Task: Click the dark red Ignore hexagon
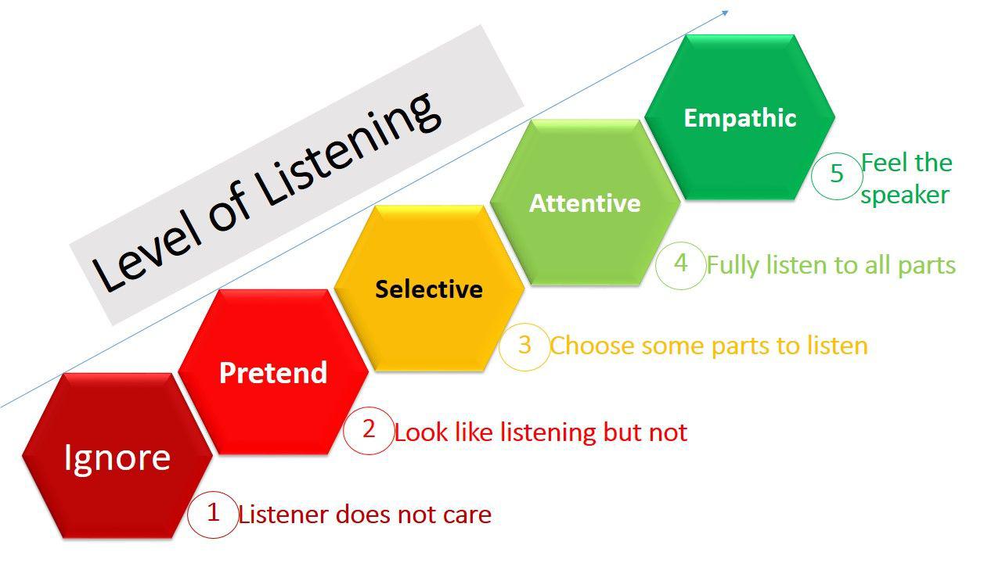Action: pos(117,457)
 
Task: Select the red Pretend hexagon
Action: pos(273,372)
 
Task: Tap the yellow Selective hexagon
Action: pos(429,289)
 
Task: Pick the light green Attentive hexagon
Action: pos(585,203)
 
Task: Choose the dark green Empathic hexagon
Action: pos(740,117)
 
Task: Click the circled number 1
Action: pos(213,514)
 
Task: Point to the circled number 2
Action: pos(369,430)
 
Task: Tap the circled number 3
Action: pos(524,345)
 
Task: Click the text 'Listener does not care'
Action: pos(365,515)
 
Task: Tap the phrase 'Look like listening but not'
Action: pos(540,432)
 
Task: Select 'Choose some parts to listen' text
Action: pos(708,346)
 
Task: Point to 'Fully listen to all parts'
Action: pos(831,265)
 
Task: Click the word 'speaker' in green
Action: pos(905,195)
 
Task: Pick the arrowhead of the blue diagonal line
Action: pos(725,12)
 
